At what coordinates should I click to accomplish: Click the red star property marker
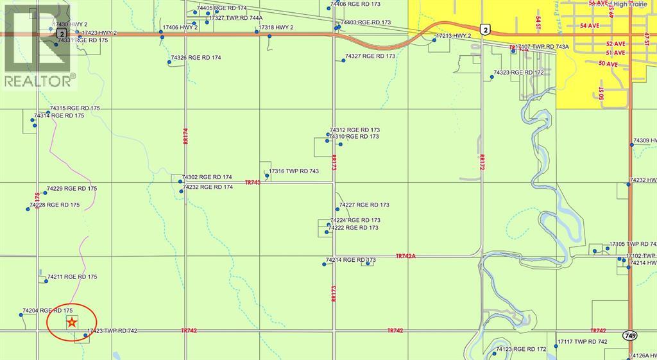coord(73,322)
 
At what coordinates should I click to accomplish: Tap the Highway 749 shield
coord(629,336)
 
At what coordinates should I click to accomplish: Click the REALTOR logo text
coord(39,81)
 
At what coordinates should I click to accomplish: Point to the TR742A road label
coord(406,255)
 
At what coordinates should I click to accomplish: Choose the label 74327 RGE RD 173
coord(370,56)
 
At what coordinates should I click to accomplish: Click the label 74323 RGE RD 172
coord(518,73)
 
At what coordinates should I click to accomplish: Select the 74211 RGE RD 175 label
coord(72,277)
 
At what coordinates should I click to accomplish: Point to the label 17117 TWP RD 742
coord(582,341)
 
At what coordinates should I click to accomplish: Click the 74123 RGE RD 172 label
coord(521,349)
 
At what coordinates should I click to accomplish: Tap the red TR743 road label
coord(253,183)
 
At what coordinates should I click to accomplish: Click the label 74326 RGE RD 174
coord(196,58)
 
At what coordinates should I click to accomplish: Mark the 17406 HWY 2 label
coord(180,28)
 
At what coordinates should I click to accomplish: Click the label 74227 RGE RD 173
coord(364,205)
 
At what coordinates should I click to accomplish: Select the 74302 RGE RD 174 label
coord(207,177)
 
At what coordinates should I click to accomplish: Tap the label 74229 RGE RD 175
coord(71,189)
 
